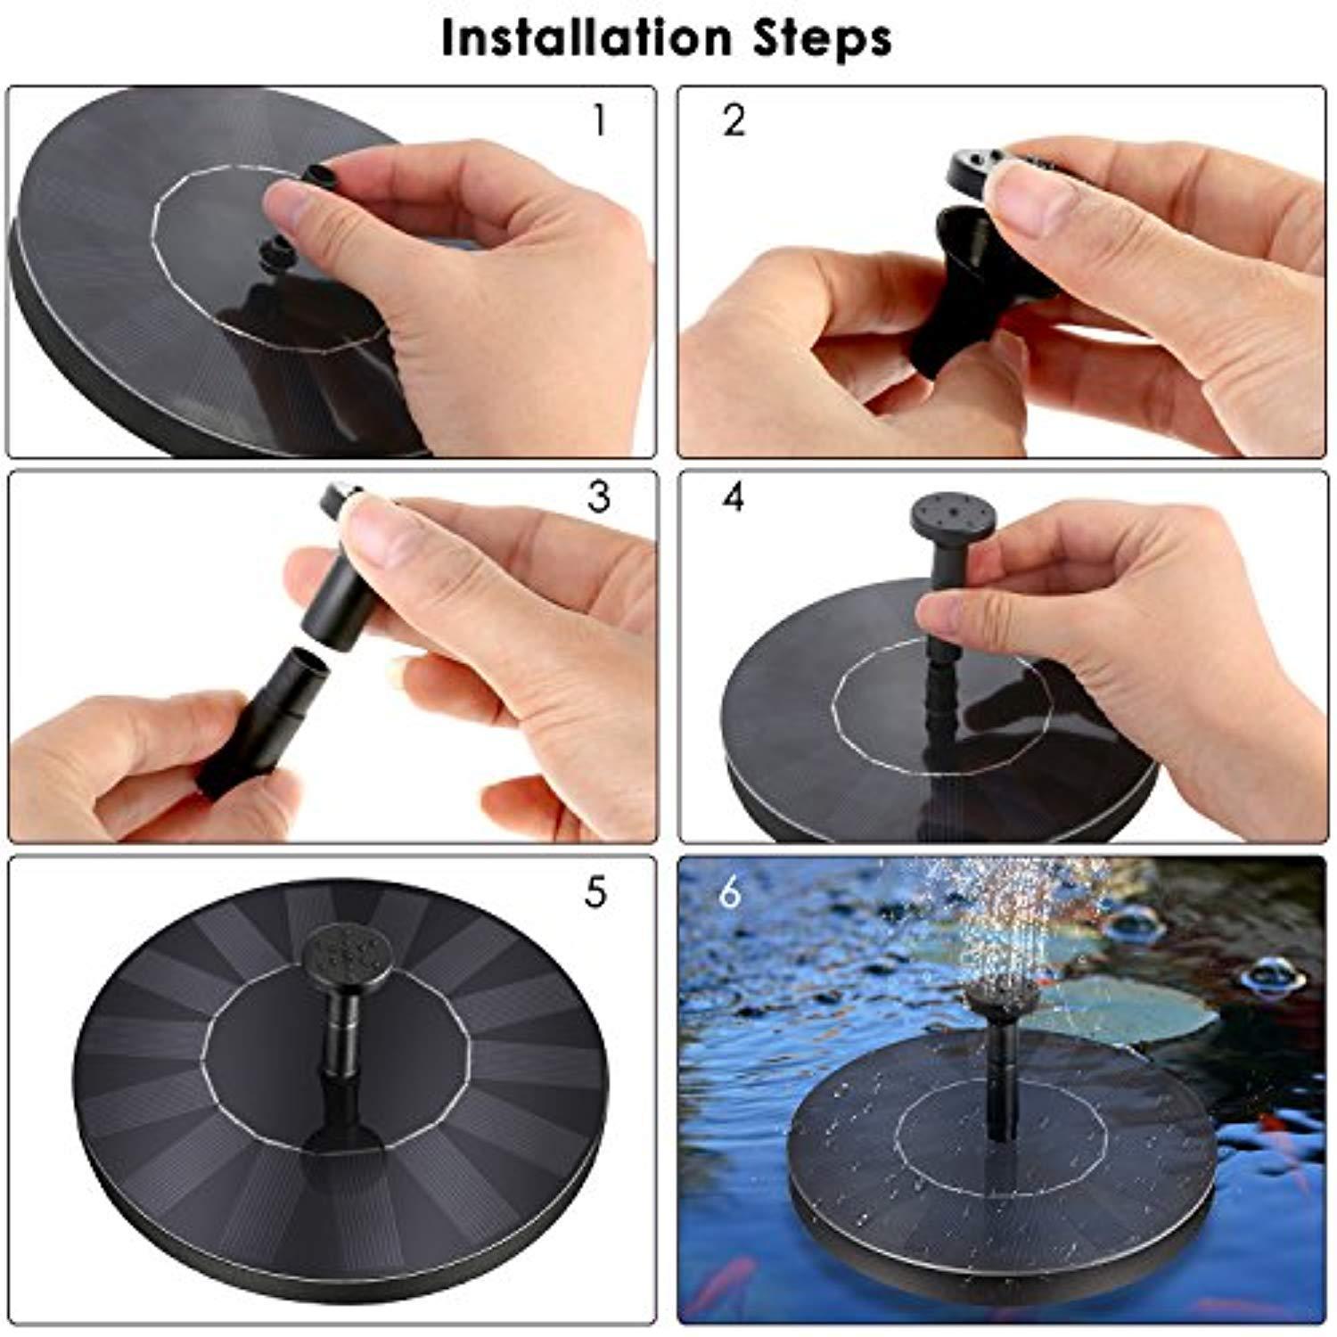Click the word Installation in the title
click(584, 38)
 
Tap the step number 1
click(599, 120)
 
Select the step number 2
click(734, 120)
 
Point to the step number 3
click(599, 497)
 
